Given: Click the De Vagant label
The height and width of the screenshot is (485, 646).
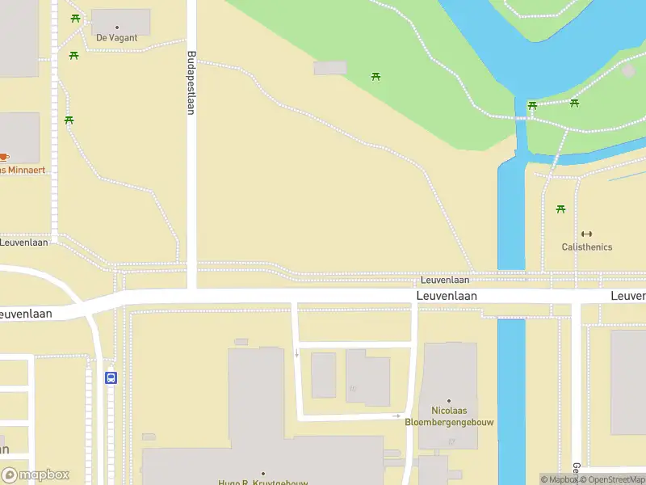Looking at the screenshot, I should pos(117,38).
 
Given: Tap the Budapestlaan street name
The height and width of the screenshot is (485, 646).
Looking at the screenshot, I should pos(191,83).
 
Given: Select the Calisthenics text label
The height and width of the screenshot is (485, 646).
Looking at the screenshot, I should pos(587,247).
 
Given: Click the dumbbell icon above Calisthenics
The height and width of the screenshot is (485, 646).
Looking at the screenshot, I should pos(587,234).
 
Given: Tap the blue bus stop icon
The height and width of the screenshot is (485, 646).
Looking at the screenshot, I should pos(111,377).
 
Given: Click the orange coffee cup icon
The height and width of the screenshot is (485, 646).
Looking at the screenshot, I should pos(4,157).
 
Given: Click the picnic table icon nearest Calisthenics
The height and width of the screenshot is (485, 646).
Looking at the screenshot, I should pos(560,209).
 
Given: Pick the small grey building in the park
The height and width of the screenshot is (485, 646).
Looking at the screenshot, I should pos(329,68).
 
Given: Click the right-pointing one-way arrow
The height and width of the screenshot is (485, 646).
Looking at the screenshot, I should pos(397,415).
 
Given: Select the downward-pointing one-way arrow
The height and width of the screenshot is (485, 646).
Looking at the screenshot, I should pos(297,353).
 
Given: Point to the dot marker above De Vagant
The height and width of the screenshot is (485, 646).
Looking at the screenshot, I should pos(118,27).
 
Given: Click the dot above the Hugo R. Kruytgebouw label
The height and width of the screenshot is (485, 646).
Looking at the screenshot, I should pos(263,474).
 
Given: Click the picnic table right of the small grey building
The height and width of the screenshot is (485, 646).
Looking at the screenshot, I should pos(375,77).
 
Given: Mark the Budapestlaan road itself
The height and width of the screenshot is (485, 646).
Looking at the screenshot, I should pos(192,202).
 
